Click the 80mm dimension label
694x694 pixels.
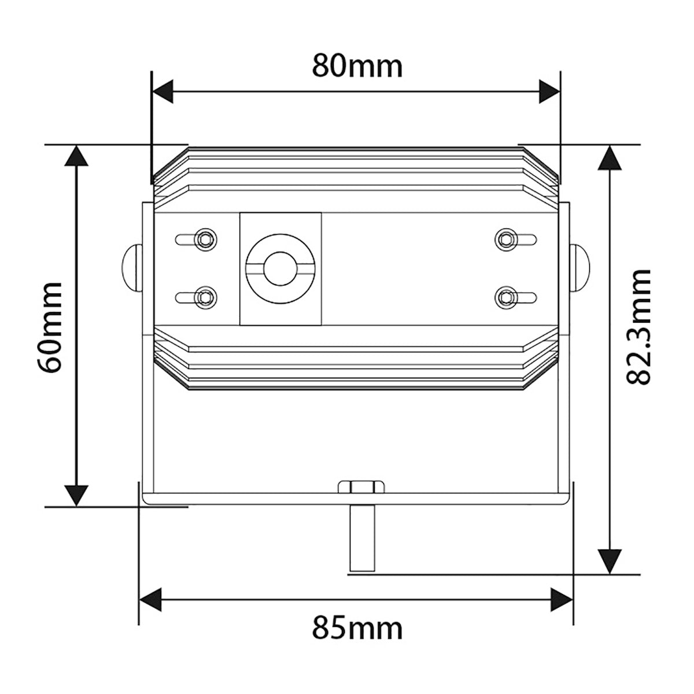(357, 65)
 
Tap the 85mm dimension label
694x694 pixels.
(357, 629)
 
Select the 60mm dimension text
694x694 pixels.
(49, 327)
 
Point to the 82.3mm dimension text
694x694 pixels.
(638, 327)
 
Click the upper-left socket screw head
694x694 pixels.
(205, 239)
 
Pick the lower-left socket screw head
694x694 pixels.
(205, 297)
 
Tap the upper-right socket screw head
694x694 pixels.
(507, 239)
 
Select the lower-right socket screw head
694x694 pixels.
(507, 297)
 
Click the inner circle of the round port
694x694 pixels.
(280, 269)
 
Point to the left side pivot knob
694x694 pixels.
(132, 268)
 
